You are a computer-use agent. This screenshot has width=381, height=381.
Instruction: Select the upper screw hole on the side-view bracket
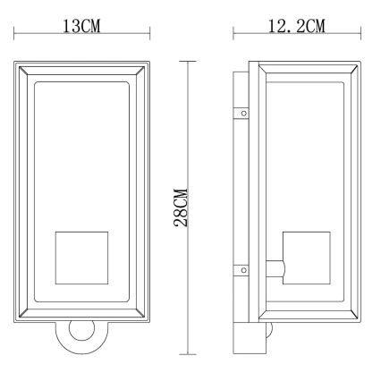click(x=241, y=114)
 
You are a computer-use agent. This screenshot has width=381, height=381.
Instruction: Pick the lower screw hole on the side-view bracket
click(x=241, y=267)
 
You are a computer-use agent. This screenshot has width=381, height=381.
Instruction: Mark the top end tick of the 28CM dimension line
click(x=188, y=61)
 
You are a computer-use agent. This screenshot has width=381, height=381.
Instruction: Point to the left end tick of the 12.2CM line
click(x=233, y=37)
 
